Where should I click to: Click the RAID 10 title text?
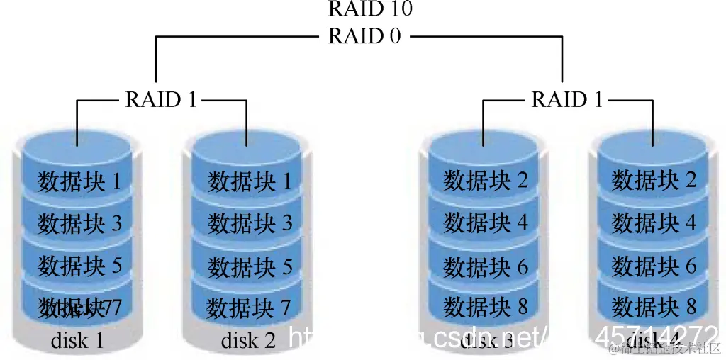click(x=369, y=9)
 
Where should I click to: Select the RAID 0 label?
click(x=364, y=36)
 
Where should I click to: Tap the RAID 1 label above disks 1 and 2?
click(x=161, y=100)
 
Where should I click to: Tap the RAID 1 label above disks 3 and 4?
click(x=566, y=100)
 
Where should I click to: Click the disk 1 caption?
click(x=77, y=341)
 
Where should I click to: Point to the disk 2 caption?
click(x=248, y=341)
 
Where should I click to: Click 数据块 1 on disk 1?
click(x=79, y=181)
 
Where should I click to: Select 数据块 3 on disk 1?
click(x=79, y=224)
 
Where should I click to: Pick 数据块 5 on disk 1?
click(x=79, y=266)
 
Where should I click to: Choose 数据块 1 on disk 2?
click(x=250, y=181)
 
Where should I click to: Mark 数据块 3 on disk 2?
click(x=250, y=224)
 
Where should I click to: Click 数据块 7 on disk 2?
click(x=250, y=308)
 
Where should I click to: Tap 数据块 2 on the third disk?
click(x=486, y=181)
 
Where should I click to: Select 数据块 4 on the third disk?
click(x=486, y=224)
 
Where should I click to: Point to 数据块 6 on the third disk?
click(x=486, y=266)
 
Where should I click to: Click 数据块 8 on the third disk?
click(x=486, y=308)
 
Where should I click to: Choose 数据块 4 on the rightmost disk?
click(x=654, y=224)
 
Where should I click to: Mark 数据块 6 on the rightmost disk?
click(x=654, y=266)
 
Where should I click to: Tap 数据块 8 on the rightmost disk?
click(x=654, y=308)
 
